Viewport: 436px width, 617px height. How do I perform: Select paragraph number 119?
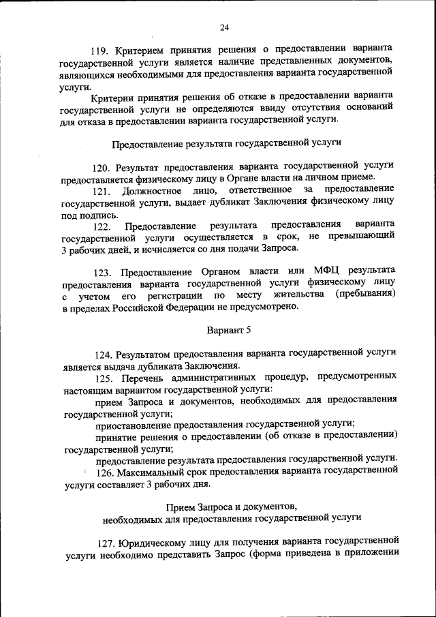102,50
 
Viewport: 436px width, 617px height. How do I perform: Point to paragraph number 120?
104,166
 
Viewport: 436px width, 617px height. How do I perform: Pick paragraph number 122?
104,226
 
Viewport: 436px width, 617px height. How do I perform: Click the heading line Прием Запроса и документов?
231,505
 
